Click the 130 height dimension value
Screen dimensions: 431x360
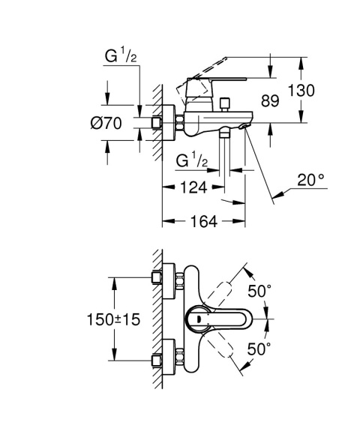(320, 90)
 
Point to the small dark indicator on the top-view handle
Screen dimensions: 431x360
(198, 320)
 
